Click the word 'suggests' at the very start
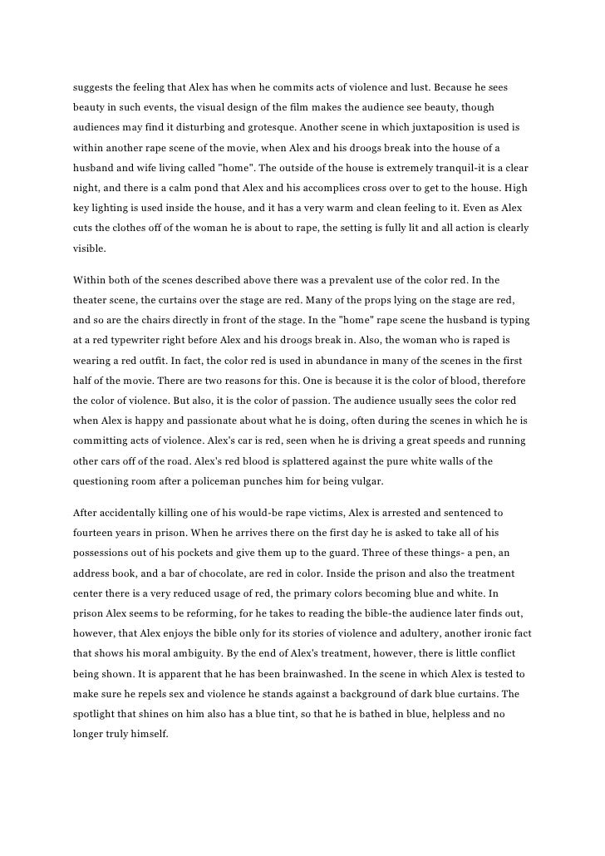click(94, 87)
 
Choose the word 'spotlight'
click(99, 713)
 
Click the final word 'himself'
click(147, 733)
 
